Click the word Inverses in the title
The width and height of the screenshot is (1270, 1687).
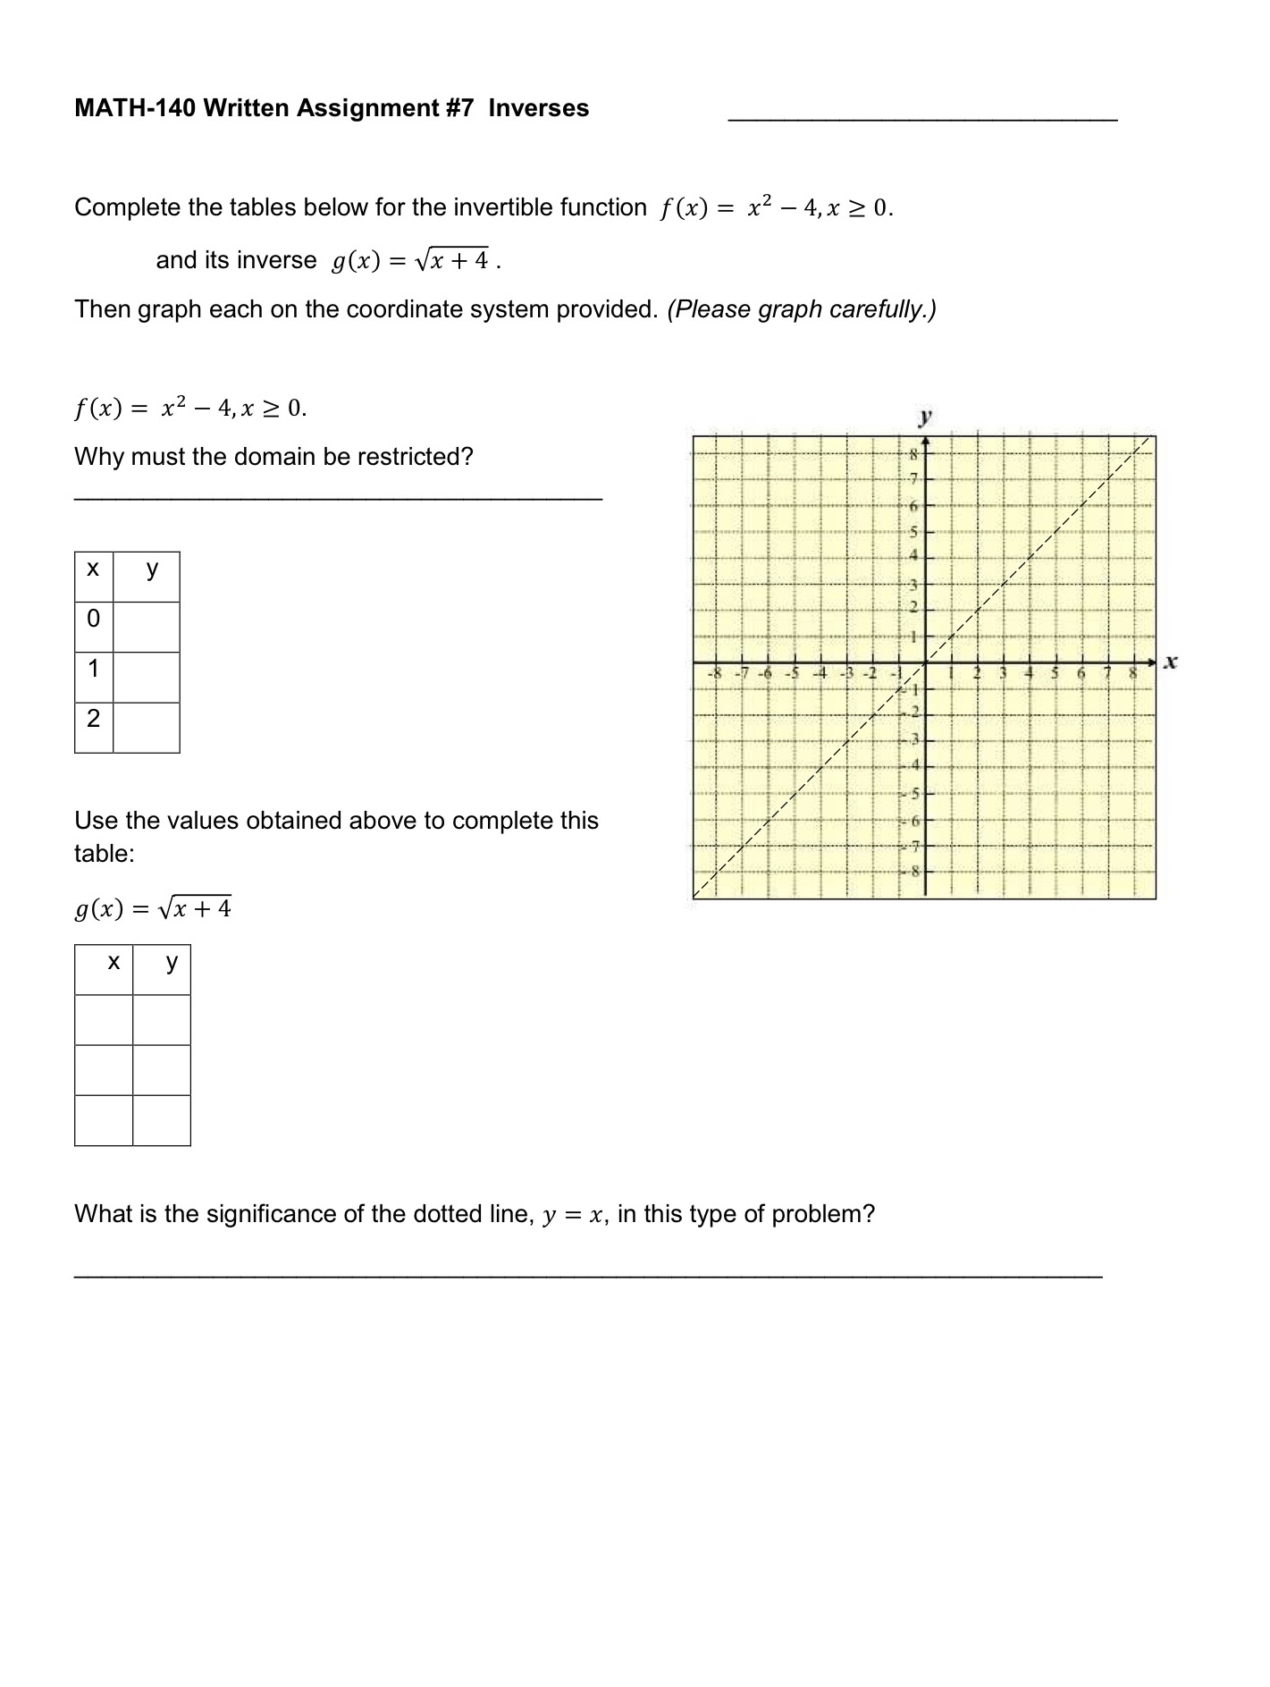pyautogui.click(x=538, y=108)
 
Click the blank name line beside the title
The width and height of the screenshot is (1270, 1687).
pyautogui.click(x=922, y=116)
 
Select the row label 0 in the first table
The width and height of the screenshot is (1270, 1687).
pyautogui.click(x=93, y=619)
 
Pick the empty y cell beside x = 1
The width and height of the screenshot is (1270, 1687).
pyautogui.click(x=147, y=677)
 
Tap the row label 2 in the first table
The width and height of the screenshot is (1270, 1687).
pyautogui.click(x=93, y=719)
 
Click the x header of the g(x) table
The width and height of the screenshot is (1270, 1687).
pyautogui.click(x=113, y=962)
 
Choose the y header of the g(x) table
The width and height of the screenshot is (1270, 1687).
pyautogui.click(x=172, y=962)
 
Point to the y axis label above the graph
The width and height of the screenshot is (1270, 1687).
pyautogui.click(x=925, y=416)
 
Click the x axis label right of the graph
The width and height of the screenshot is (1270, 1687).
pyautogui.click(x=1171, y=662)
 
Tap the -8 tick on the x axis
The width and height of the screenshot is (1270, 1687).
pyautogui.click(x=713, y=671)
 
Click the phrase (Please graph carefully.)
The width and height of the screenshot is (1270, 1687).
pyautogui.click(x=801, y=309)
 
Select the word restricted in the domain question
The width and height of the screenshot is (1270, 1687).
pyautogui.click(x=418, y=457)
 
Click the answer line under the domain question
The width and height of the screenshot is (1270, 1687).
pyautogui.click(x=338, y=499)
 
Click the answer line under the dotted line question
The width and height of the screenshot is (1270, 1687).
pyautogui.click(x=588, y=1277)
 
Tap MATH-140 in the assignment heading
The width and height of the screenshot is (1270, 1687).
pyautogui.click(x=134, y=108)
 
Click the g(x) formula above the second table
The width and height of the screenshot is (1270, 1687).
pyautogui.click(x=153, y=909)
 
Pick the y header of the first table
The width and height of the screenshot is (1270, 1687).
pyautogui.click(x=152, y=569)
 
